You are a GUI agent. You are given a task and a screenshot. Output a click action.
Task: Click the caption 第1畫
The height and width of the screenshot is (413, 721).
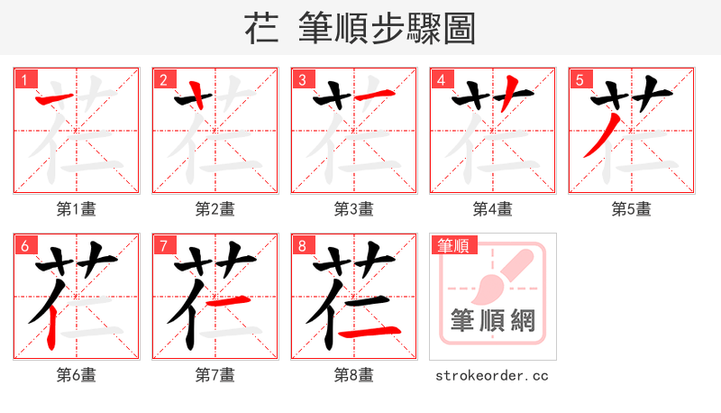76,209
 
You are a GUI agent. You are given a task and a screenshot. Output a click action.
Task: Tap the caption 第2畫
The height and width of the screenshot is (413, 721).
214,209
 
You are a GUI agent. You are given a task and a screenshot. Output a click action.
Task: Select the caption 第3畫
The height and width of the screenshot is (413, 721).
353,209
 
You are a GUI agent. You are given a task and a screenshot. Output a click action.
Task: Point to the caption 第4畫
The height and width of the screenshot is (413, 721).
492,209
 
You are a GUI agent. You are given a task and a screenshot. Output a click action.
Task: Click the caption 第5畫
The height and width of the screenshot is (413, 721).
631,209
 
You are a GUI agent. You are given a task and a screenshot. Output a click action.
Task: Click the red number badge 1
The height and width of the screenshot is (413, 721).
24,79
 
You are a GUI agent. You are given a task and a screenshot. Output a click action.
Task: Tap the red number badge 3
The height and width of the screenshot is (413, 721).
302,79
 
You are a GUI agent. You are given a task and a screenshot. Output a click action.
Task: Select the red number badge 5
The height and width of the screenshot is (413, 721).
580,79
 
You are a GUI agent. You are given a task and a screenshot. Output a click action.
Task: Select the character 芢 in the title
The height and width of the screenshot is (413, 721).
264,29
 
